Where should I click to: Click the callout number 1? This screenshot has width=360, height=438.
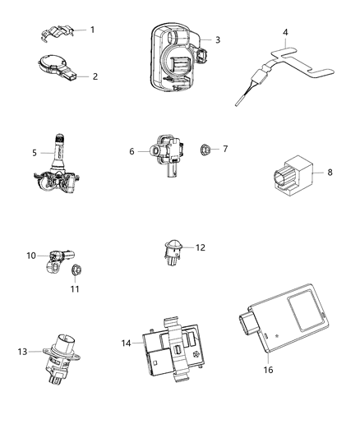tap(92, 30)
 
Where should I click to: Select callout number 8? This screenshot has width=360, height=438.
tap(330, 173)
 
